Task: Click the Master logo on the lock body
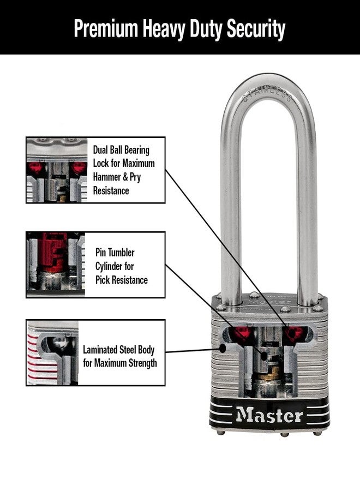[269, 415]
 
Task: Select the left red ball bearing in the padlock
[242, 333]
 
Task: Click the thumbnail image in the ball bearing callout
[57, 170]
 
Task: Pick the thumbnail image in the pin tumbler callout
[56, 265]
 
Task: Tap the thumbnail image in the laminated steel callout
[53, 353]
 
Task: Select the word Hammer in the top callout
[107, 177]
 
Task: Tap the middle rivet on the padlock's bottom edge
[283, 434]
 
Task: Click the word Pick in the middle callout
[104, 280]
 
